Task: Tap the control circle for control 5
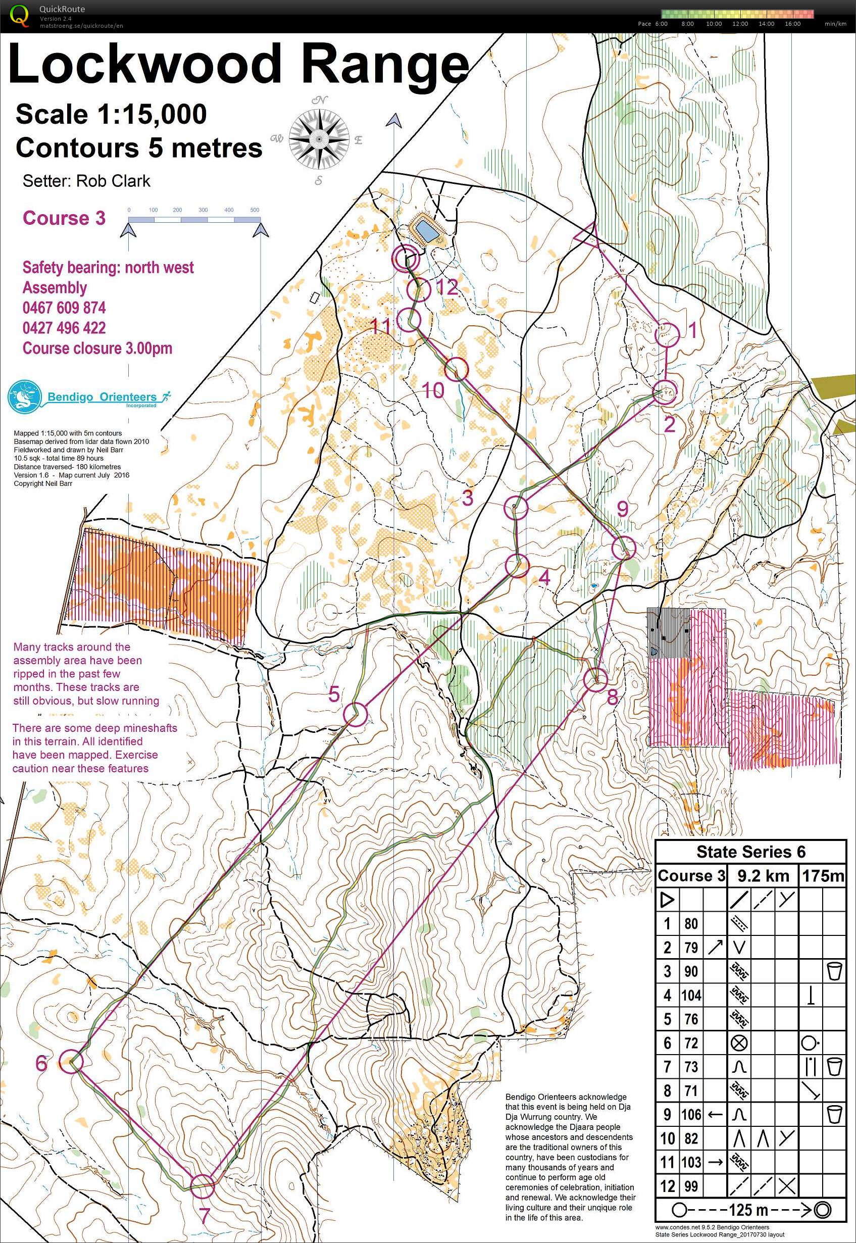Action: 355,714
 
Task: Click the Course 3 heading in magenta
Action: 64,218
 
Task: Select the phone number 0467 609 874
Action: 64,308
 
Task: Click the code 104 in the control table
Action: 691,996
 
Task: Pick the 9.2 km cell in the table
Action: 763,876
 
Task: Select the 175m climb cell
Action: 823,876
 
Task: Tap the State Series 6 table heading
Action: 751,852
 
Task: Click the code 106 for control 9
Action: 691,1115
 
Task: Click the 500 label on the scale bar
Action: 255,210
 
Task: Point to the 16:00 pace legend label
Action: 792,24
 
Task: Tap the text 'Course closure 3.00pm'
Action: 97,348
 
